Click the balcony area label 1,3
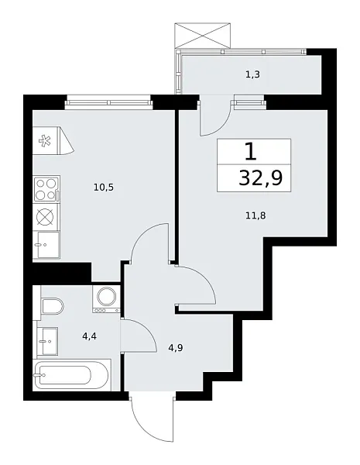click(252, 74)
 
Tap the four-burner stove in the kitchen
click(46, 189)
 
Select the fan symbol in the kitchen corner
click(45, 141)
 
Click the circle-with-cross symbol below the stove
click(46, 217)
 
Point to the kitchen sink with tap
click(46, 245)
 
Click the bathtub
click(73, 377)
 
